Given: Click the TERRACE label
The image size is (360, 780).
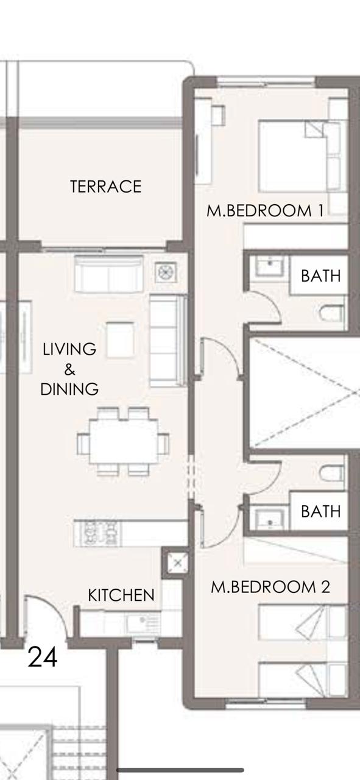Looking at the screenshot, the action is (106, 186).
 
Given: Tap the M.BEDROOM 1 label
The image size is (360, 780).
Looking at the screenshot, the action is (266, 211).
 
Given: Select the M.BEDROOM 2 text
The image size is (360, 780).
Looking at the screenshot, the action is (270, 587).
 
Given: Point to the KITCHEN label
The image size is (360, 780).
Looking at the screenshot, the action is (121, 595).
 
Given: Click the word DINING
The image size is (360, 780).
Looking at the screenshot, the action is (69, 389).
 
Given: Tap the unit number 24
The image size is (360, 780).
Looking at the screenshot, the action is (43, 657).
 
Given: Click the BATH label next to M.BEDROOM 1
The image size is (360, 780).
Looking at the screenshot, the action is (320, 276).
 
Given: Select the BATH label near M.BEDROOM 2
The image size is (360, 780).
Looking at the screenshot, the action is (320, 511).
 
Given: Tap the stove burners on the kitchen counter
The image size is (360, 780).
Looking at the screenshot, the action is (99, 533).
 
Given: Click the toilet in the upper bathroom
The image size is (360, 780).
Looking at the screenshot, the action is (331, 313).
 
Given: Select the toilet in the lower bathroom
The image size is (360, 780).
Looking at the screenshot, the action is (331, 473).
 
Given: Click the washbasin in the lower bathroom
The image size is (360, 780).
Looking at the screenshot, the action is (270, 519).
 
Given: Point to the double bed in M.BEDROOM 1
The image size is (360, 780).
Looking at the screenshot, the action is (300, 156).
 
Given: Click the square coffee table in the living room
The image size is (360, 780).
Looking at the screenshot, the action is (120, 339).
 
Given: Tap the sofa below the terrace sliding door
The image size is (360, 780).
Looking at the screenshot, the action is (108, 274).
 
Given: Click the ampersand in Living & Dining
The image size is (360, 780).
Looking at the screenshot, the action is (69, 369).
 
